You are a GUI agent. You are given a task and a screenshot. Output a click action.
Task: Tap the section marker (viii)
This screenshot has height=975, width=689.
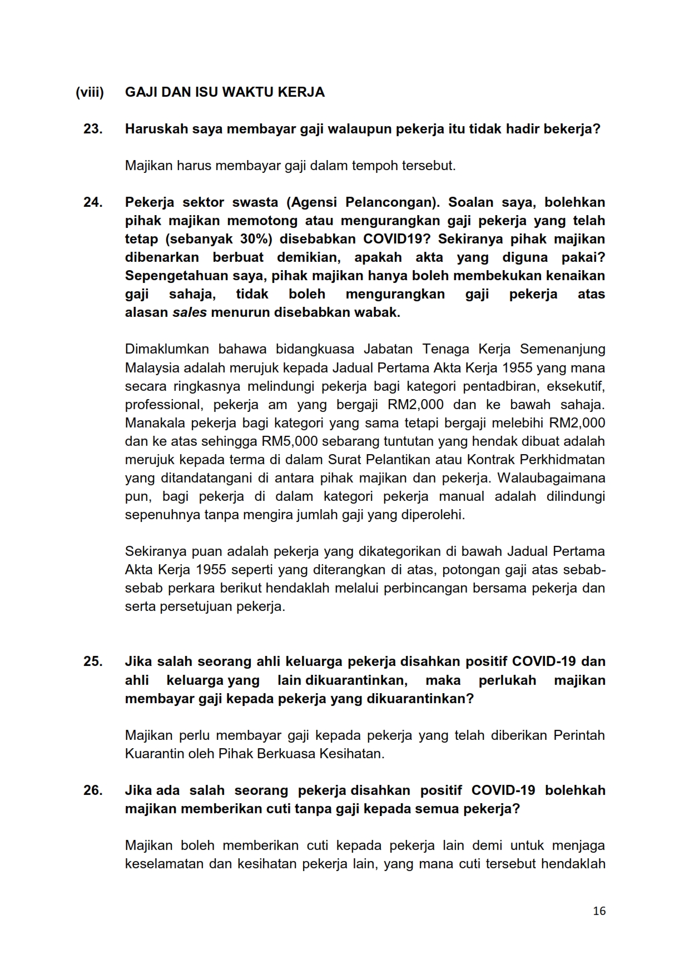coord(90,92)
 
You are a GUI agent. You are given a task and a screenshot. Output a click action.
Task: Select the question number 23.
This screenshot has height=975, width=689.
coord(93,129)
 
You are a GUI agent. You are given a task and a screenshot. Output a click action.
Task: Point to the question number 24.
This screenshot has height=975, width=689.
coord(93,202)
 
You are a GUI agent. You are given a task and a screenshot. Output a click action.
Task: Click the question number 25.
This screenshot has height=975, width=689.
coord(93,661)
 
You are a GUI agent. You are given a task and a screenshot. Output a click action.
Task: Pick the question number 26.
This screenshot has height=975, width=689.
coord(93,790)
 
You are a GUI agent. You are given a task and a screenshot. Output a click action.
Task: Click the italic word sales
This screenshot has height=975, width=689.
coord(189,312)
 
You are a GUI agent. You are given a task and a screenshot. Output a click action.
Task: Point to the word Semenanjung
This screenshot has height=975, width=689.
coord(562,349)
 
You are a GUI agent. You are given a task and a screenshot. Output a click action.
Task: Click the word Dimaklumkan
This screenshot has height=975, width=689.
coord(167,349)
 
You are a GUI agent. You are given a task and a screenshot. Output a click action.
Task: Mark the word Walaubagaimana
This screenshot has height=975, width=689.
coord(551,478)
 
